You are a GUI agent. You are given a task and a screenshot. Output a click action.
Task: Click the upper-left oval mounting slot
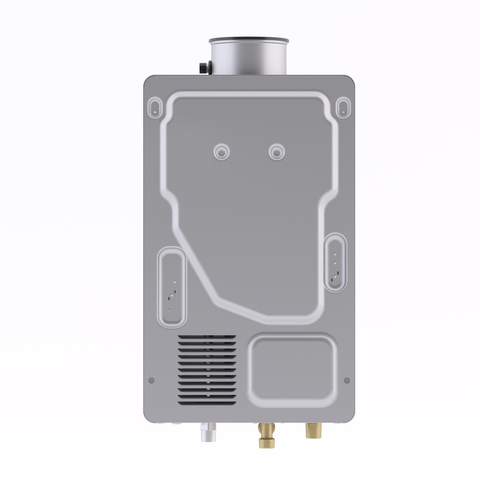(155, 106)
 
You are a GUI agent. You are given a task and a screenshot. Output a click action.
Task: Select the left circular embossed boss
(222, 152)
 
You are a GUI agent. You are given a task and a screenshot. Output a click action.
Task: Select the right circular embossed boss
(276, 152)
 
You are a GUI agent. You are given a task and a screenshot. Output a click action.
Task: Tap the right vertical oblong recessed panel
(335, 262)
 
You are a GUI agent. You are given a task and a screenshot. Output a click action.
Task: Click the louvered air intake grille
(207, 369)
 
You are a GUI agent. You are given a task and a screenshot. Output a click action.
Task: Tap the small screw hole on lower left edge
(152, 380)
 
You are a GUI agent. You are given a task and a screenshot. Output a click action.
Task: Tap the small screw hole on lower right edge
(347, 380)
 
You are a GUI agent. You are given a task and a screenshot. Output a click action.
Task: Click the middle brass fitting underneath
(264, 434)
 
